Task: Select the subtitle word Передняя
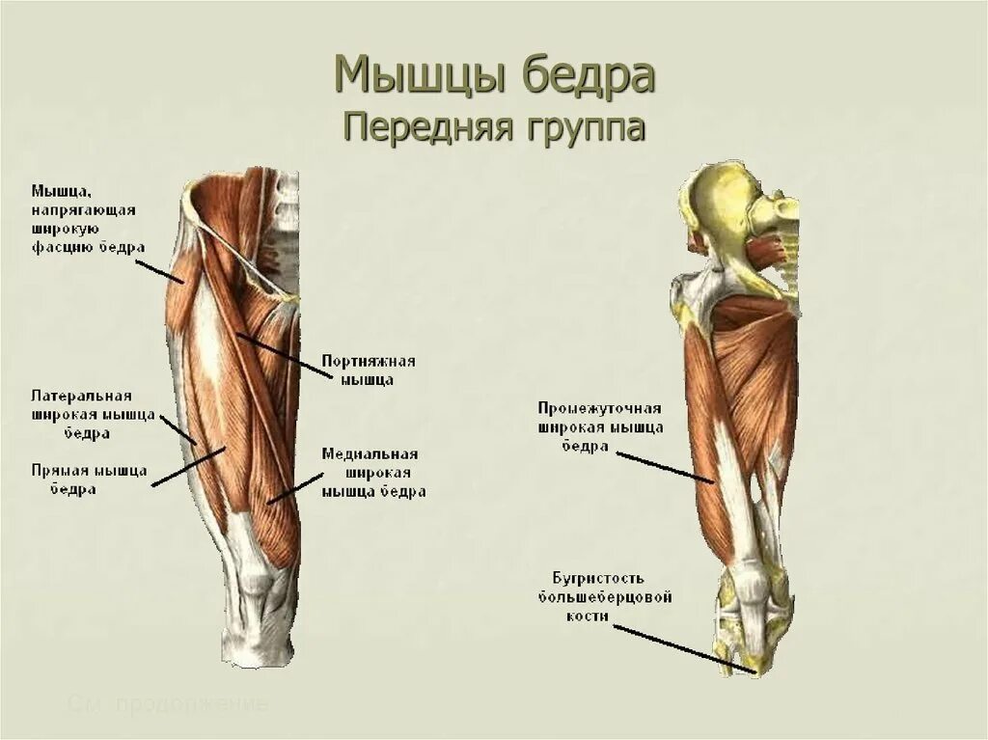pyautogui.click(x=420, y=126)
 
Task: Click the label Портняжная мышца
pyautogui.click(x=370, y=370)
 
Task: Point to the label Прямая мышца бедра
pyautogui.click(x=89, y=480)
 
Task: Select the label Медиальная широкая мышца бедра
pyautogui.click(x=373, y=473)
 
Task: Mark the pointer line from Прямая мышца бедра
pyautogui.click(x=188, y=465)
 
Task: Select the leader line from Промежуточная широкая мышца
pyautogui.click(x=666, y=466)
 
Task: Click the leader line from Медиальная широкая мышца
pyautogui.click(x=294, y=487)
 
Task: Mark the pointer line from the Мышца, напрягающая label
pyautogui.click(x=164, y=269)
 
